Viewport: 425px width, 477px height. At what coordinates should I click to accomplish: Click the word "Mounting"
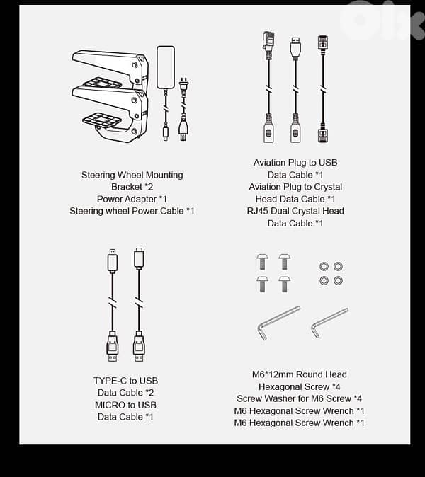coord(164,176)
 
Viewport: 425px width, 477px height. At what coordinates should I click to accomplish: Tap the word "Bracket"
coord(127,187)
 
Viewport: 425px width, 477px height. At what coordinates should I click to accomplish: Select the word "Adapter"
coord(142,200)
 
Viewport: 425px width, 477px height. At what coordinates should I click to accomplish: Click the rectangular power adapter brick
coord(166,67)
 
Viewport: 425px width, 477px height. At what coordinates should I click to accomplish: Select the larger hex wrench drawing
coord(278,323)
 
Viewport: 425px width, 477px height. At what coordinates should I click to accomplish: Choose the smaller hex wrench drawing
coord(329,323)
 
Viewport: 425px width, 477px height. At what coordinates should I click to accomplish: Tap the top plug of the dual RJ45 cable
coord(323,42)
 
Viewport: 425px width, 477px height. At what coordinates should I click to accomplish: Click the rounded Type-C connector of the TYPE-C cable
coord(139,258)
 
